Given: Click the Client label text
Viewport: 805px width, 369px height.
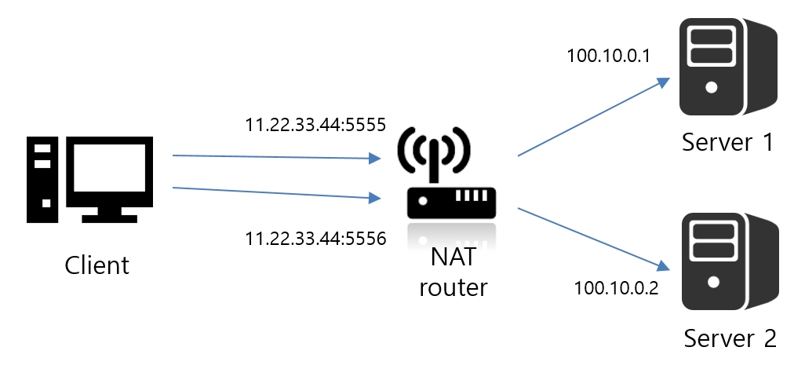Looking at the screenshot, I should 97,265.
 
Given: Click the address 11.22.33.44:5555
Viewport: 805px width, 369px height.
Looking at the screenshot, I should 315,124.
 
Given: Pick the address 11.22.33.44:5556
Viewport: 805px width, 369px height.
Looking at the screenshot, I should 315,238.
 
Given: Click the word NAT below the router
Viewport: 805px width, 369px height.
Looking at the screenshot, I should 453,256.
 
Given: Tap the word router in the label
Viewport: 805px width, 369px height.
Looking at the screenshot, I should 453,287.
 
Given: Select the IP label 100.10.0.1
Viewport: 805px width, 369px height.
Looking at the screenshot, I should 608,57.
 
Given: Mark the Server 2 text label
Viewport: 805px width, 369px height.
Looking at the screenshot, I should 730,338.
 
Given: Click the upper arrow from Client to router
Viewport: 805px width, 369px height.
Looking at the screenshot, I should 271,158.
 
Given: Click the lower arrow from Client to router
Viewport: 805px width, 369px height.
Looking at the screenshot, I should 271,193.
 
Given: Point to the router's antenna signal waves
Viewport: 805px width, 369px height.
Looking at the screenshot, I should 434,149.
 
